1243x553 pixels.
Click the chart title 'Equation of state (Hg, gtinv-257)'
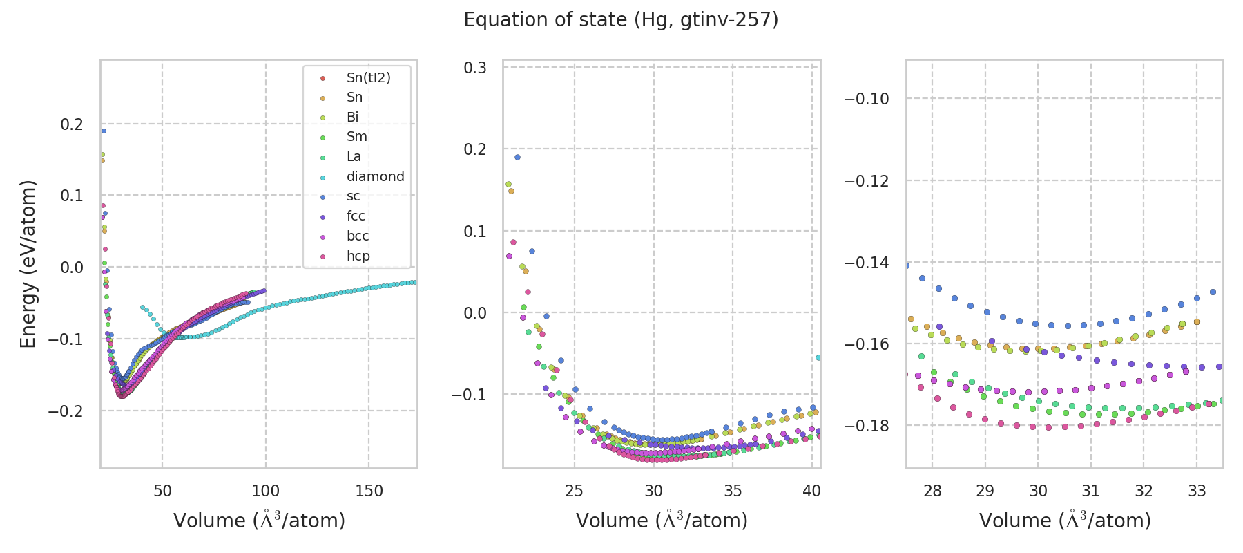[x=621, y=20]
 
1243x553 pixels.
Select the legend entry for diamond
[x=375, y=177]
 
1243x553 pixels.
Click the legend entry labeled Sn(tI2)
[x=368, y=78]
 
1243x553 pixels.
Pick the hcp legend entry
[x=358, y=256]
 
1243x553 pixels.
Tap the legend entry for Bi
[x=352, y=118]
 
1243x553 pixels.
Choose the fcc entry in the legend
[x=356, y=216]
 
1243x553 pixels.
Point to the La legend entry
[x=354, y=157]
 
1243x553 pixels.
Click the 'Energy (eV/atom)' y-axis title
[x=28, y=263]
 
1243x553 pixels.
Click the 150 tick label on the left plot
[x=369, y=491]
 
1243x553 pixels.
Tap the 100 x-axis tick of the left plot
[x=266, y=491]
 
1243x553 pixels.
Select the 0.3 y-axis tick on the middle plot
[x=475, y=68]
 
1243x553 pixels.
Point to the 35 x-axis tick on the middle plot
[x=733, y=491]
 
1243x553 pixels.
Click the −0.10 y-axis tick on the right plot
[x=867, y=99]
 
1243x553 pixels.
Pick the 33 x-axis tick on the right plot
[x=1197, y=491]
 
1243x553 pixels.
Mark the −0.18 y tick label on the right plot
[x=867, y=426]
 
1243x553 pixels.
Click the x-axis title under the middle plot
[x=662, y=521]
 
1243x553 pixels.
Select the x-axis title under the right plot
[x=1065, y=521]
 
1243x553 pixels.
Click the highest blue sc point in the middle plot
[x=517, y=157]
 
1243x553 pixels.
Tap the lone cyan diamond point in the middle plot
[x=818, y=357]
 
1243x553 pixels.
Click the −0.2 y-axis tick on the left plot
[x=66, y=411]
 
